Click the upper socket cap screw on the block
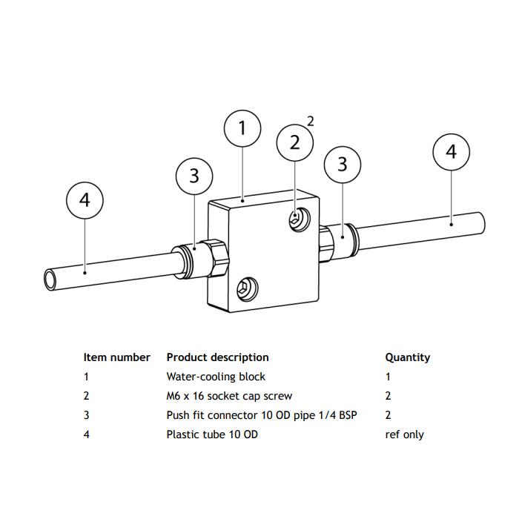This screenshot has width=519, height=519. click(x=300, y=219)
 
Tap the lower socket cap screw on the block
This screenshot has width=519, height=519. click(x=247, y=289)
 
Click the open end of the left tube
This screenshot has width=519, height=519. click(x=50, y=280)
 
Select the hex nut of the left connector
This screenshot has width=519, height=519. click(x=216, y=258)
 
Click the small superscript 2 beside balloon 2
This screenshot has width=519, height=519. click(x=310, y=121)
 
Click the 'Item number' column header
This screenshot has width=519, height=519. click(x=117, y=357)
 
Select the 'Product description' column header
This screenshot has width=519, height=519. click(x=217, y=357)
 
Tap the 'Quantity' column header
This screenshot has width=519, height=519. click(x=408, y=358)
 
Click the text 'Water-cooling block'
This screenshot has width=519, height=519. click(x=216, y=377)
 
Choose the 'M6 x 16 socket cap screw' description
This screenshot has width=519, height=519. click(x=229, y=396)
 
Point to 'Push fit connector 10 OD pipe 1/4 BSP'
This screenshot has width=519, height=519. click(x=262, y=415)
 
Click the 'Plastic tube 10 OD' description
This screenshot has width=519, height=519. click(x=212, y=434)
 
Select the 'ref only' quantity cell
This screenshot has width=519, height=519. click(x=405, y=434)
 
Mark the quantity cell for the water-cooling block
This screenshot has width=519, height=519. click(x=388, y=377)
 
